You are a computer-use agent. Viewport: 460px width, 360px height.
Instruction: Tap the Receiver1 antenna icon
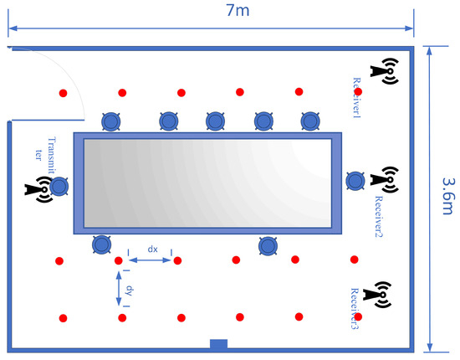386,71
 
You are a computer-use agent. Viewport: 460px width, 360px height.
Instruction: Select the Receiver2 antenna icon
385,179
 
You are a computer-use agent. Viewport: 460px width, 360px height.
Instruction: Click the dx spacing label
152,249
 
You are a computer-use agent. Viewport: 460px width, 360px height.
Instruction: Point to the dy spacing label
129,290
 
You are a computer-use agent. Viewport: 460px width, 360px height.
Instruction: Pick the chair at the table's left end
58,187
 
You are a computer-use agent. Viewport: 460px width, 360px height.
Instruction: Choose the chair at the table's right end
355,179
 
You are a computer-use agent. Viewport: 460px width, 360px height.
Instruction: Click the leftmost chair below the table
102,244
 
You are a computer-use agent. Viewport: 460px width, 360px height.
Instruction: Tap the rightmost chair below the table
268,245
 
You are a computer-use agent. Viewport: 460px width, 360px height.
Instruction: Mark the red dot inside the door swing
63,92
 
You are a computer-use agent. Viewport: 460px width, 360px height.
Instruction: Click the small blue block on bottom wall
218,344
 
